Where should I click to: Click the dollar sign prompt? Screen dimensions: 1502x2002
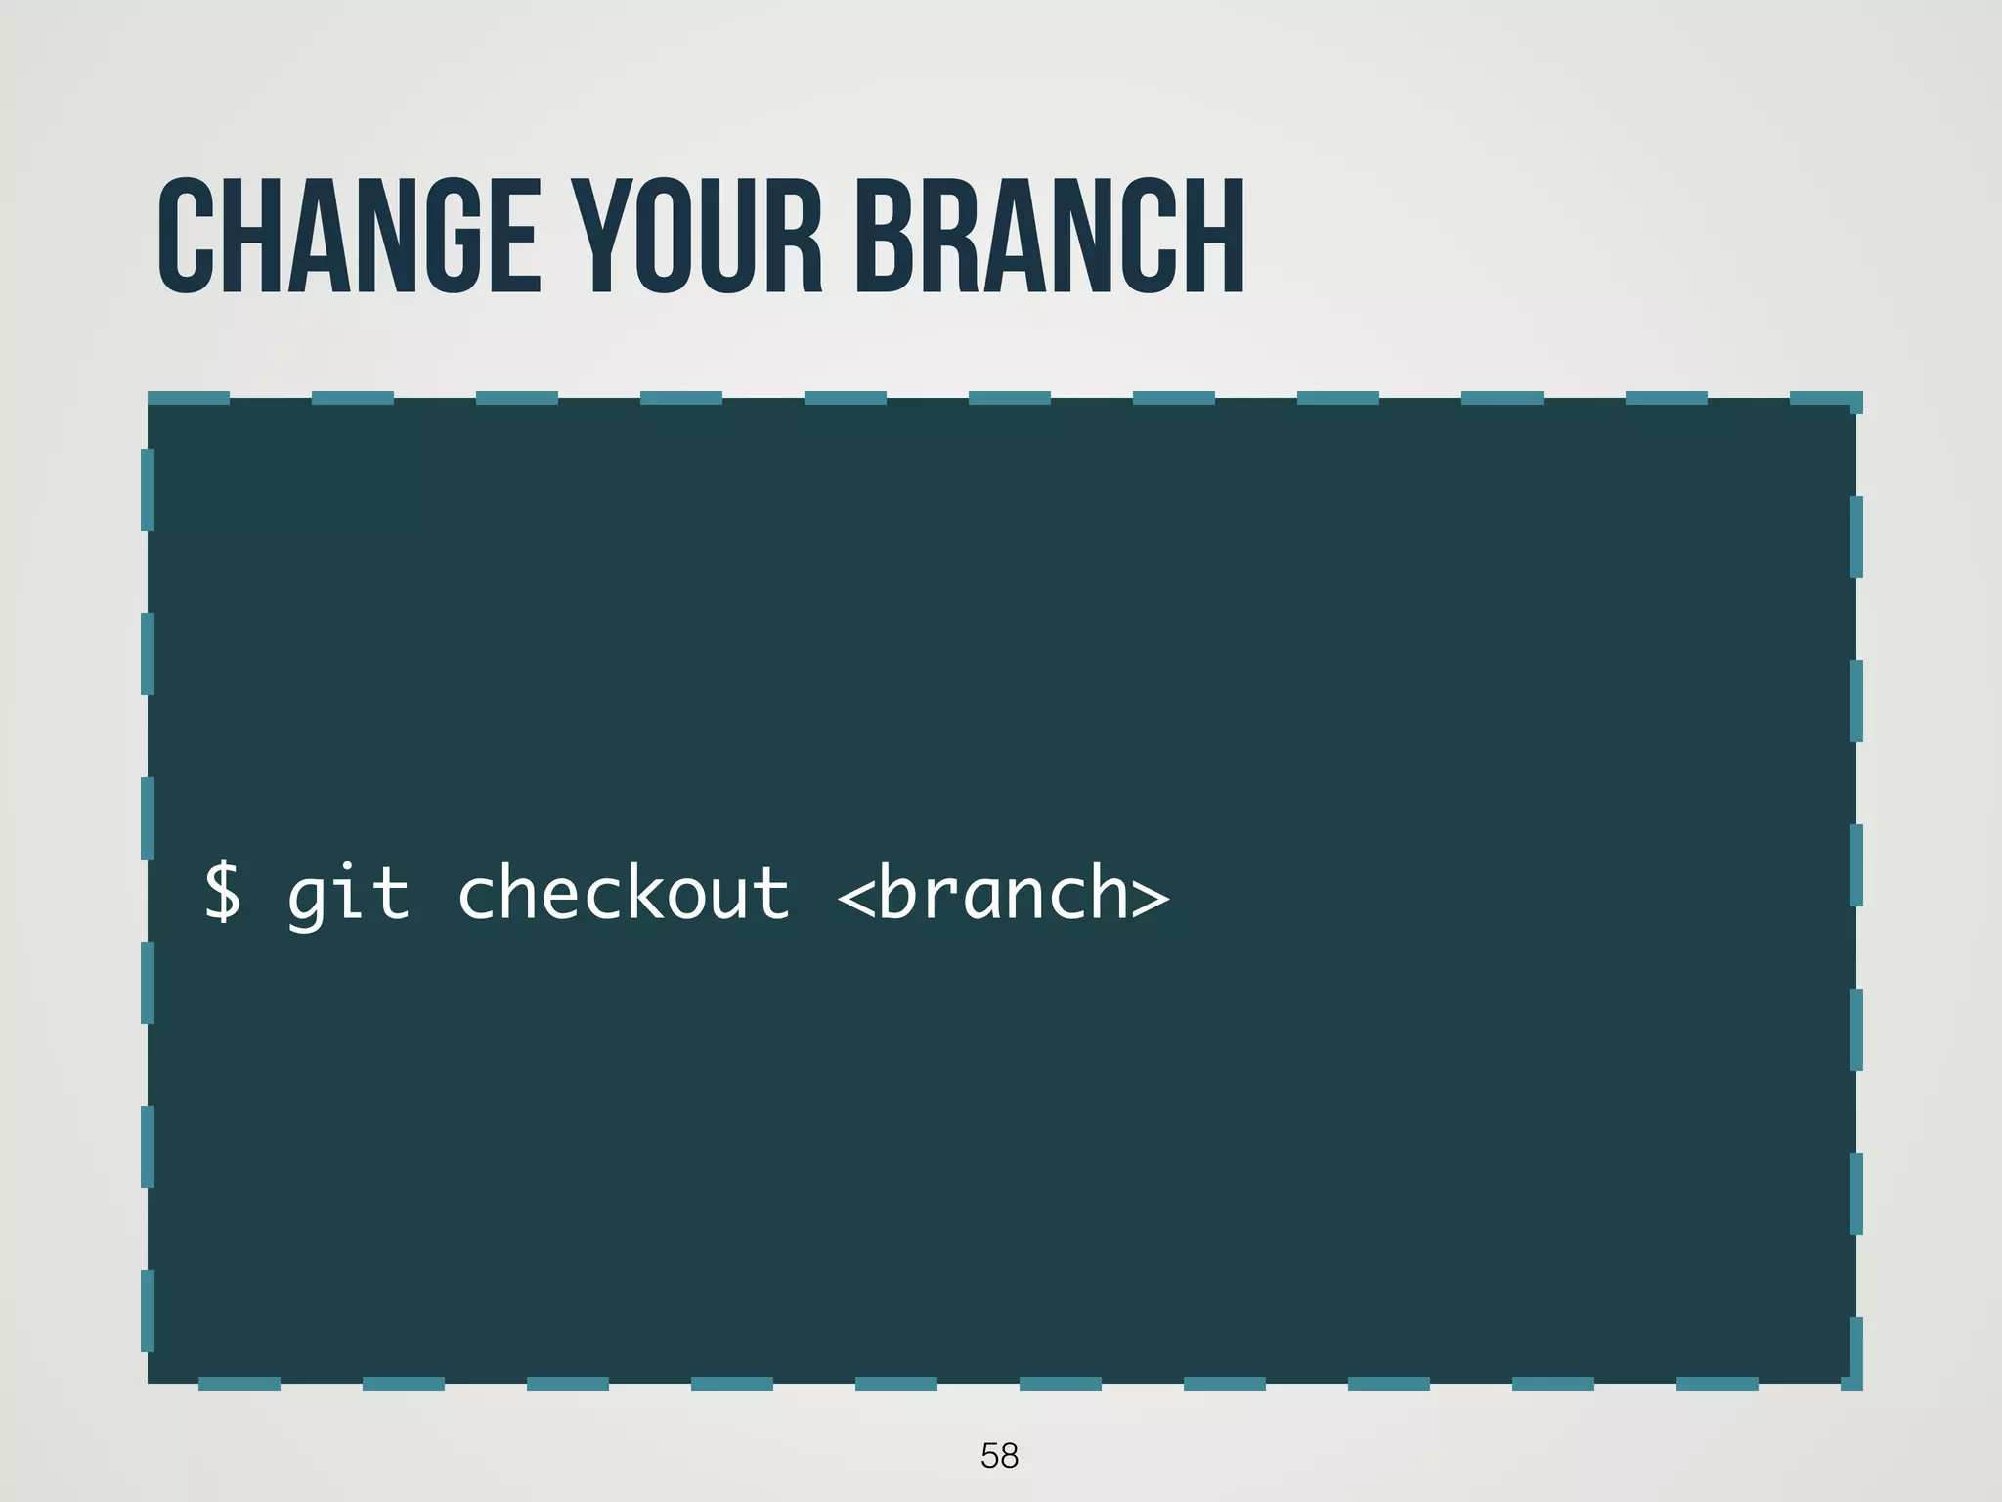222,892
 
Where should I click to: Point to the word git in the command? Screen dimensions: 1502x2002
348,894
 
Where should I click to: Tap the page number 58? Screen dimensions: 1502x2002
999,1456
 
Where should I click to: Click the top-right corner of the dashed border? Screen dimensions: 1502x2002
1854,400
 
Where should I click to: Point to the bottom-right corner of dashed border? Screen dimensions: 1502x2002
1854,1382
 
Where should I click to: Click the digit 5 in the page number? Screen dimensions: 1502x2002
989,1456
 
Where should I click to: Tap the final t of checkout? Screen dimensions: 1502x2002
772,894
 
